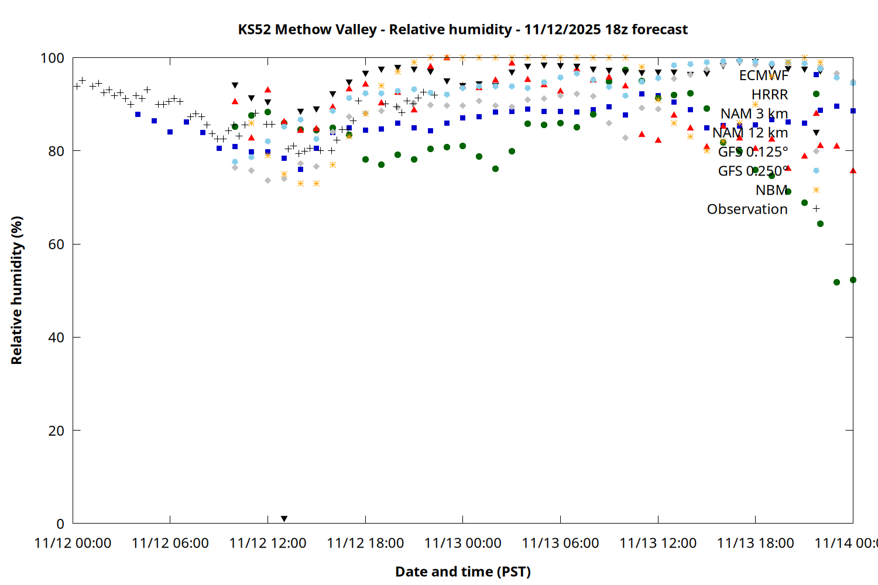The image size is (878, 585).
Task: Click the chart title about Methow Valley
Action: [462, 29]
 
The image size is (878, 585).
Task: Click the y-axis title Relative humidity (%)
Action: [16, 290]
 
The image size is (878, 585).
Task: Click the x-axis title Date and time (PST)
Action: [462, 572]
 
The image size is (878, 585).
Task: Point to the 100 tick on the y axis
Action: [52, 58]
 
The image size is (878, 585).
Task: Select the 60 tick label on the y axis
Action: [56, 245]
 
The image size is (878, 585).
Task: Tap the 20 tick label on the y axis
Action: [56, 431]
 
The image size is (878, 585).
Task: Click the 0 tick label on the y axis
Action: [60, 524]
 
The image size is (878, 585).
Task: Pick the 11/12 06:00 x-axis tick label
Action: [170, 543]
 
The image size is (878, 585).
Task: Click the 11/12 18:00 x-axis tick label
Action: [365, 543]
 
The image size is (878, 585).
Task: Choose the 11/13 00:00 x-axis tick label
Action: [462, 543]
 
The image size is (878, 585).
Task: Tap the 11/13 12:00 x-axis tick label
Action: [658, 543]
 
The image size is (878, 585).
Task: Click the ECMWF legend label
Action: [763, 75]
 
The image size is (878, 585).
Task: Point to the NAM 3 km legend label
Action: [754, 113]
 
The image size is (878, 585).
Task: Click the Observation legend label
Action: [747, 209]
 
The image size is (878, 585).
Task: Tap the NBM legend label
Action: [771, 190]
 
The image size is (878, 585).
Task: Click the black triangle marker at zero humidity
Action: [284, 519]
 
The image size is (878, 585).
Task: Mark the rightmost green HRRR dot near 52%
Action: [853, 280]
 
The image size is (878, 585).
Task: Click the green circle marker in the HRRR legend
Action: [816, 94]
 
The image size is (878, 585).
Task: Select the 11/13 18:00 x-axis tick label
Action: [755, 543]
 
